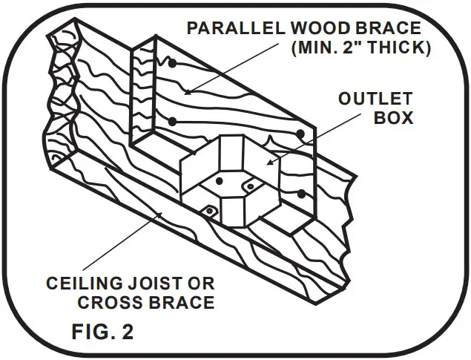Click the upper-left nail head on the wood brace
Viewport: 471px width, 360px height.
[171, 65]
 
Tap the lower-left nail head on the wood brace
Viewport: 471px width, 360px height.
[171, 121]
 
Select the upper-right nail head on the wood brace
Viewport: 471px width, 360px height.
[301, 134]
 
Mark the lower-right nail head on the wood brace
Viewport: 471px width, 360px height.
[301, 194]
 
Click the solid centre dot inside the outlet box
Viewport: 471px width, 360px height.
[220, 180]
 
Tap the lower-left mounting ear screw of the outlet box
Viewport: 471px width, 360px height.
[209, 212]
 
